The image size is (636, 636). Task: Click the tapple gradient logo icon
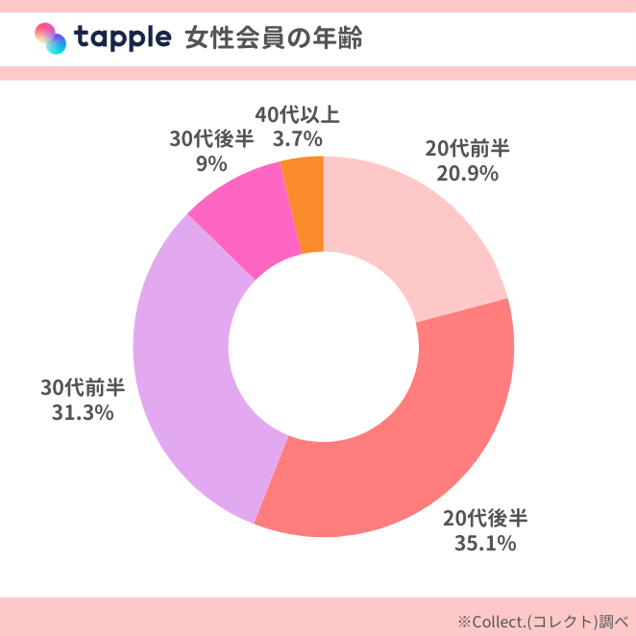click(50, 38)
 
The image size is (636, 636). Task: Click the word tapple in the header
click(122, 38)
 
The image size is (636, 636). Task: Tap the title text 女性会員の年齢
click(273, 38)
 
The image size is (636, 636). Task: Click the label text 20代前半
click(467, 149)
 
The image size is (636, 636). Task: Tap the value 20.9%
click(467, 174)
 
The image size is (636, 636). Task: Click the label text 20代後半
click(485, 519)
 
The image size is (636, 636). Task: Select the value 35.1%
click(485, 544)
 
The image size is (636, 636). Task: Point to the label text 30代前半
click(83, 387)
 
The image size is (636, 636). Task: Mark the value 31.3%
click(83, 412)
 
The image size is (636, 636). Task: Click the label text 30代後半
click(211, 139)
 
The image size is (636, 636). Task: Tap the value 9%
click(211, 164)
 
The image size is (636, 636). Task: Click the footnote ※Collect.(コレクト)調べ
click(544, 620)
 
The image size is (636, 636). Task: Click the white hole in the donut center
click(324, 347)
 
